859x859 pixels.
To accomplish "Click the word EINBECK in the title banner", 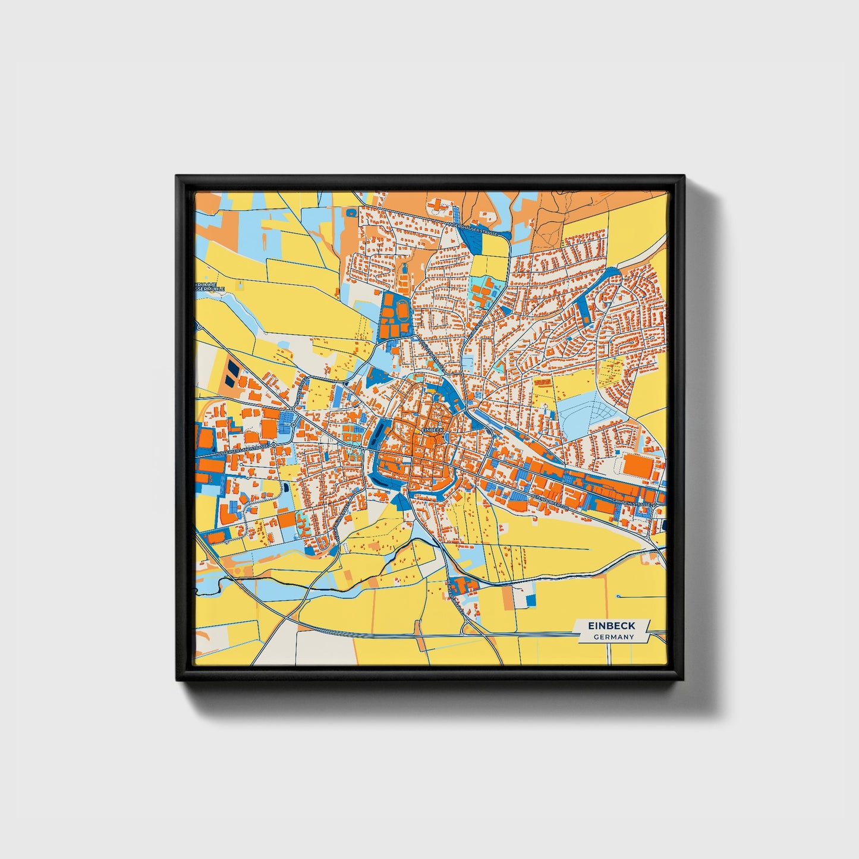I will tap(611, 625).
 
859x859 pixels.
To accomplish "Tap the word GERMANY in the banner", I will tap(613, 637).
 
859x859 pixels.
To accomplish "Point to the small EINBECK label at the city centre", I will tap(432, 429).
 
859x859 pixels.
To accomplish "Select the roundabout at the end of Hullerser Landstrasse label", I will tap(274, 444).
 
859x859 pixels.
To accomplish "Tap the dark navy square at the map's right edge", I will tap(664, 524).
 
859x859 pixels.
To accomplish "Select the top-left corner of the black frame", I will tap(177, 177).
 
